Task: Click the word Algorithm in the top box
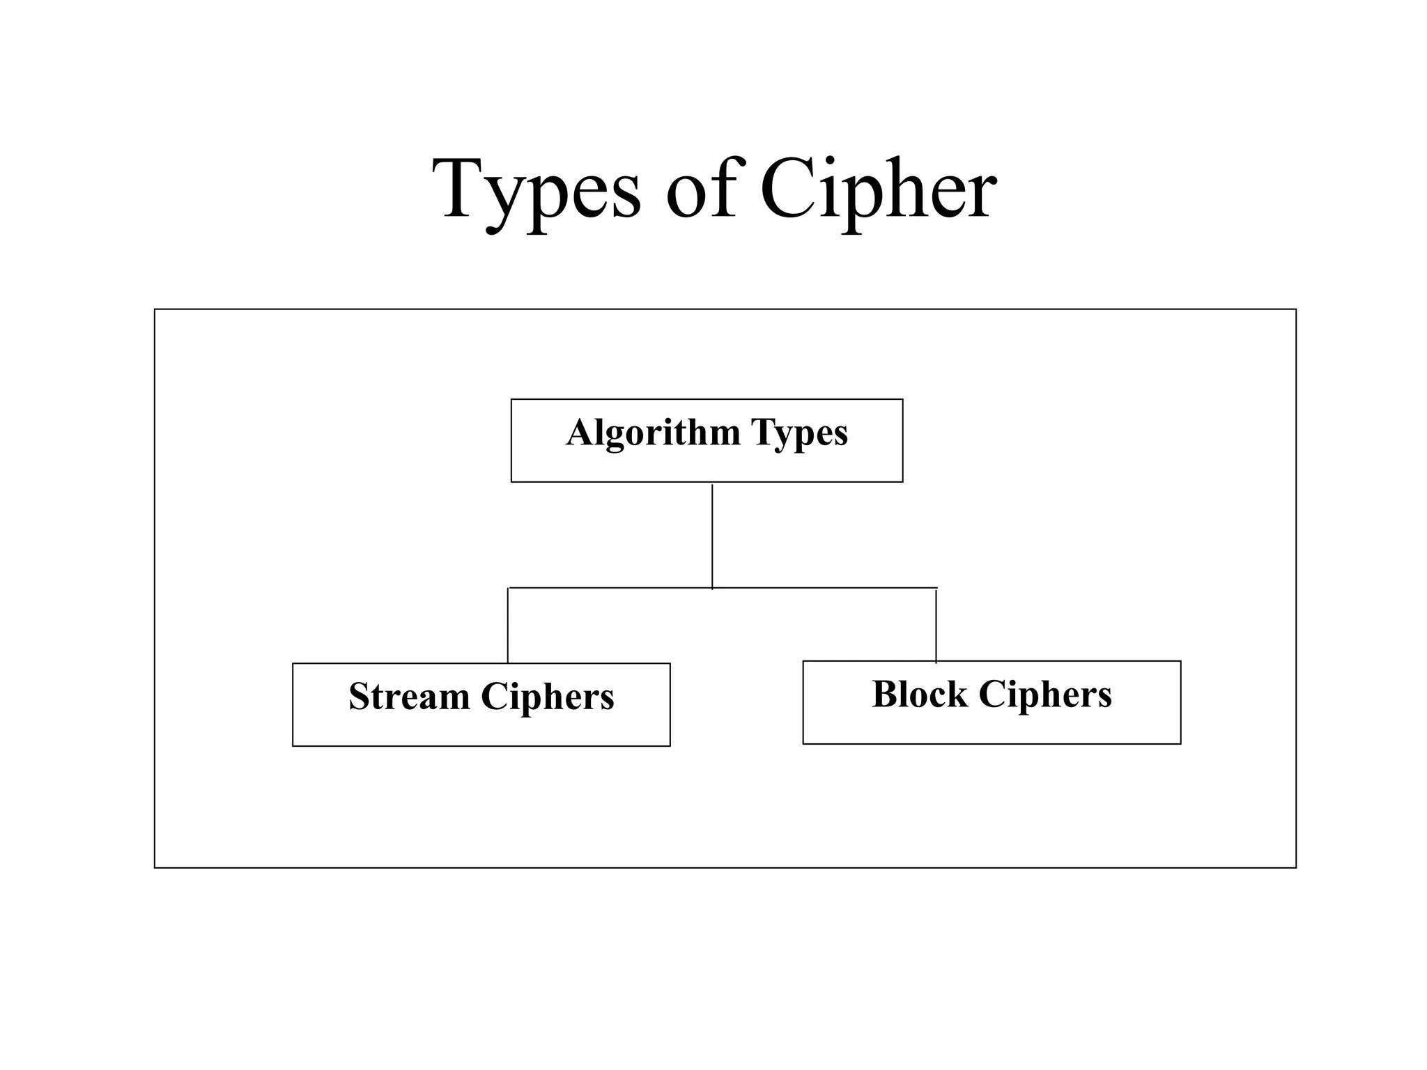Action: [x=653, y=433]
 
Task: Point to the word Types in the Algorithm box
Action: [x=799, y=434]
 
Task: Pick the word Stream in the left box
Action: [x=409, y=697]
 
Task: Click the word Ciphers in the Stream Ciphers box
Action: [x=548, y=697]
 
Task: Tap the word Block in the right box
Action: [x=919, y=695]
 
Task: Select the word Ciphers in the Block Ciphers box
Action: [x=1045, y=695]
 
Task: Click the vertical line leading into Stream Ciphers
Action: [x=508, y=626]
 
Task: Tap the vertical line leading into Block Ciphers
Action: [x=936, y=626]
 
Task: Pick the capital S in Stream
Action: [x=360, y=696]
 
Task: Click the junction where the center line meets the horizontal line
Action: [x=712, y=588]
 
